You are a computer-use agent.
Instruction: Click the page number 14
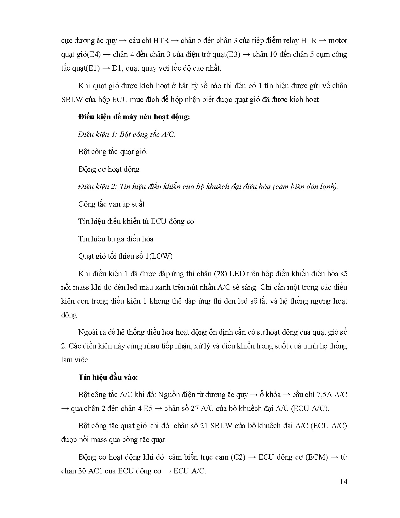pos(344,482)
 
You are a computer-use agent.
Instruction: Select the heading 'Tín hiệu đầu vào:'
pos(108,377)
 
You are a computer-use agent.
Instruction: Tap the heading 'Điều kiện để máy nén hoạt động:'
pos(134,117)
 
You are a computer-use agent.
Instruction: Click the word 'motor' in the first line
pos(338,40)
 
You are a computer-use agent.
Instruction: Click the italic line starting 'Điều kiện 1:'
pos(127,134)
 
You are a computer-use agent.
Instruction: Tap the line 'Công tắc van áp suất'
pos(111,204)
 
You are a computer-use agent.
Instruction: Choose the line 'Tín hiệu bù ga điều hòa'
pos(116,239)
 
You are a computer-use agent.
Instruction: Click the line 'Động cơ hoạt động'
pos(109,169)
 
